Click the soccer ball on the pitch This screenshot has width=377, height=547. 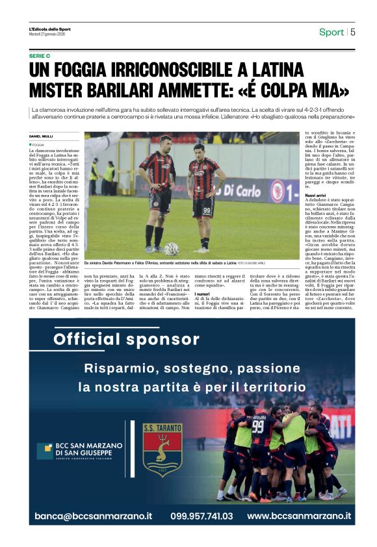[x=171, y=249]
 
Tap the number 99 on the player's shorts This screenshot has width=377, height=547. [x=207, y=210]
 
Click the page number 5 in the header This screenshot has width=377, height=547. [x=353, y=32]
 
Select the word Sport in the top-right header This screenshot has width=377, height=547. [x=331, y=32]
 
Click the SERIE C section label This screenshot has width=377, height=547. [x=41, y=57]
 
